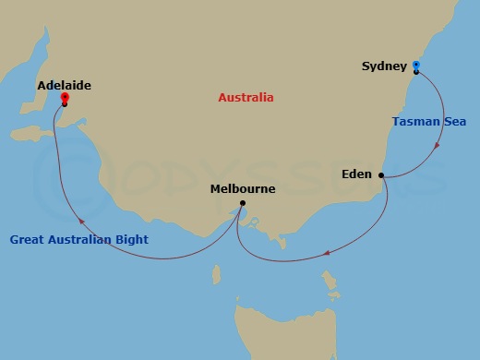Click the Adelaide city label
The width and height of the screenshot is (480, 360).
pos(64,85)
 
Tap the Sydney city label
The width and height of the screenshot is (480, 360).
pos(382,66)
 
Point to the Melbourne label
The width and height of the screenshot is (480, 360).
pos(243,188)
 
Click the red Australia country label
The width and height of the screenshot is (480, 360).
pos(246,97)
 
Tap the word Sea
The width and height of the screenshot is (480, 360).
pos(456,121)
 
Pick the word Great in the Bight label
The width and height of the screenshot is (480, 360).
pos(28,240)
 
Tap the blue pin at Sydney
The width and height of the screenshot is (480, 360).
pos(416,66)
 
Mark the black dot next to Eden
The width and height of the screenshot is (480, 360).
pos(381,174)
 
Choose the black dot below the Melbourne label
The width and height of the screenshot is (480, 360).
pos(242,203)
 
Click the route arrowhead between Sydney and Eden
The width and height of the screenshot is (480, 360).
pos(437,145)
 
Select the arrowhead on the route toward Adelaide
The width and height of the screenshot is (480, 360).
pos(80,222)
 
